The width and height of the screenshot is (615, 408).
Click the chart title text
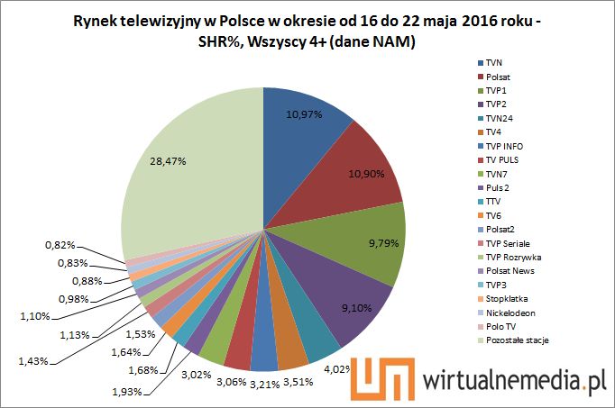click(x=307, y=31)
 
